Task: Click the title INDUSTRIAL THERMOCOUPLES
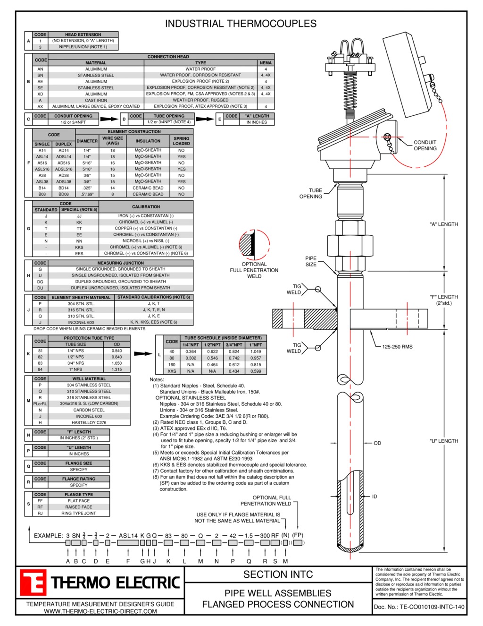pos(241,24)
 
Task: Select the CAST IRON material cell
pos(96,100)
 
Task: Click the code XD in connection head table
pos(41,94)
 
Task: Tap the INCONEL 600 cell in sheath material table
pos(80,322)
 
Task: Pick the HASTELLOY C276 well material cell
pos(89,422)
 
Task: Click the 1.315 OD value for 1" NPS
pos(117,369)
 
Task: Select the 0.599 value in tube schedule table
pos(255,371)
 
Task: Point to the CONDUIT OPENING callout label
pos(425,146)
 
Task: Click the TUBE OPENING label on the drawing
pos(311,194)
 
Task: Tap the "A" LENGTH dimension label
pos(443,224)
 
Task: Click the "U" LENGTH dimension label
pos(443,441)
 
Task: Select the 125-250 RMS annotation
pos(397,347)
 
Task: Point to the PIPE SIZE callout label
pos(311,261)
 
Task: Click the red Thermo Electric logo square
pos(33,583)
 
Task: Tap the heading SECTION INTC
pos(278,575)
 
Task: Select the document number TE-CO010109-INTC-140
pos(419,607)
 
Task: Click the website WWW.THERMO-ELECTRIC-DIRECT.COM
pos(100,611)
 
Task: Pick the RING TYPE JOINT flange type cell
pos(79,513)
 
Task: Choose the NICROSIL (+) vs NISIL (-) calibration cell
pos(146,241)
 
